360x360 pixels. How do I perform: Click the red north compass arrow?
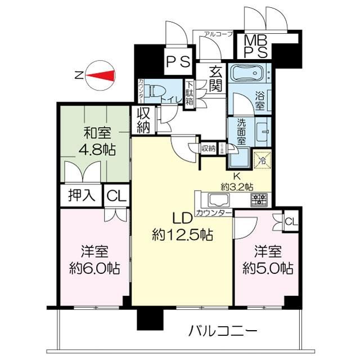(100, 76)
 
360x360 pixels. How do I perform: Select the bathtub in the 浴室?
(250, 75)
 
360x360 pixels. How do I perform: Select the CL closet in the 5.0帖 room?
(291, 220)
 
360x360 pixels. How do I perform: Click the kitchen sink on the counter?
(215, 199)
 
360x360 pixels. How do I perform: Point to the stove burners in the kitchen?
(258, 199)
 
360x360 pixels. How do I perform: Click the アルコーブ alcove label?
(219, 34)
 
